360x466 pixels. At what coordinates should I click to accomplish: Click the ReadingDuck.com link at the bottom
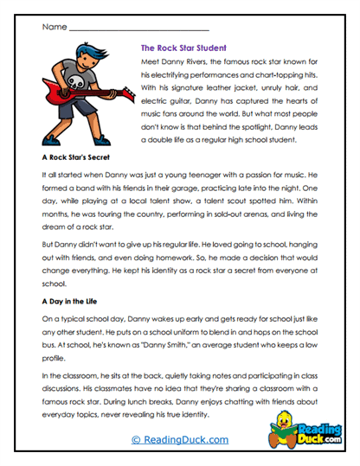click(180, 439)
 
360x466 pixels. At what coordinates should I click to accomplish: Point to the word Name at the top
click(54, 27)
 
